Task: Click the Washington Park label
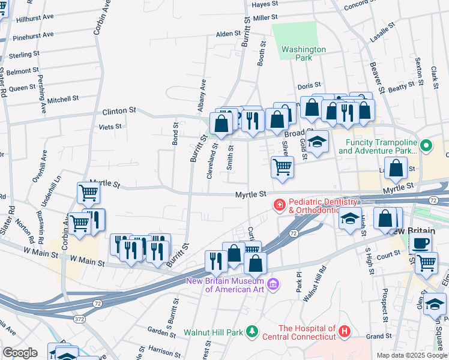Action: [304, 53]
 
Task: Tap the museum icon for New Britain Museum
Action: [273, 283]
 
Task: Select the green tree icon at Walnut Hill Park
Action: [252, 331]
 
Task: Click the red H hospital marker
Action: [344, 331]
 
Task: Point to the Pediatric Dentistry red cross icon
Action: [279, 205]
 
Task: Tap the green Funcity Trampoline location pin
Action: [426, 145]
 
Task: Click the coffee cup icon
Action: [420, 243]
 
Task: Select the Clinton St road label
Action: [120, 112]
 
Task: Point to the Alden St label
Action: [228, 34]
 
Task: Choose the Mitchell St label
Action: [63, 99]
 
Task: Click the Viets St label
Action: [110, 127]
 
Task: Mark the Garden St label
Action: [161, 330]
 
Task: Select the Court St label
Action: [388, 254]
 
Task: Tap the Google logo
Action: [20, 353]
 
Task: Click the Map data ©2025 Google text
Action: [411, 355]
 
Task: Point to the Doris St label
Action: [309, 86]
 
